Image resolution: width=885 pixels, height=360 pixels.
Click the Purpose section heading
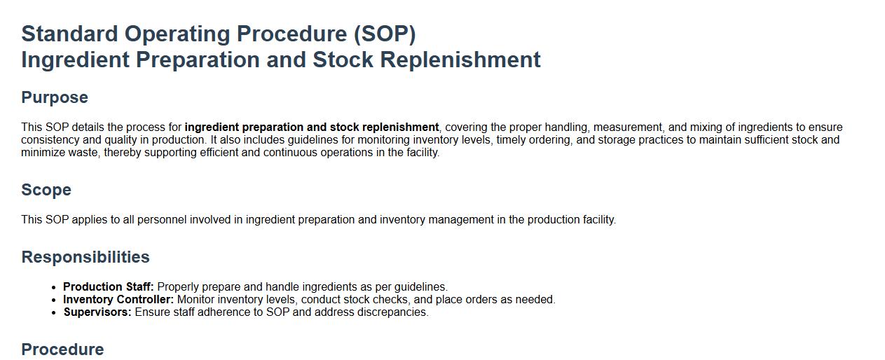(x=55, y=97)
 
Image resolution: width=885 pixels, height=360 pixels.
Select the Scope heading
(x=46, y=190)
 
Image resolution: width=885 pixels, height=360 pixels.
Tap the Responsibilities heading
(x=85, y=257)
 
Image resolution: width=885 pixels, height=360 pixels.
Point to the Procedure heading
(x=62, y=349)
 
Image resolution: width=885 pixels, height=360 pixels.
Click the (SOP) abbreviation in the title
(x=385, y=34)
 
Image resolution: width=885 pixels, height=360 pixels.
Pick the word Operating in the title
(x=177, y=34)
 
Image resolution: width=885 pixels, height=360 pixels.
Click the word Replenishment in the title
(x=460, y=60)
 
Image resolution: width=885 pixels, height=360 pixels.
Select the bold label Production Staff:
(x=108, y=286)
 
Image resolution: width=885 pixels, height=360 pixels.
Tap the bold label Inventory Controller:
(x=118, y=299)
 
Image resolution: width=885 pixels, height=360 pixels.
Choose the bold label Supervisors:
(x=97, y=312)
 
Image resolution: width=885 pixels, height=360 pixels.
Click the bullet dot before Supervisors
(x=55, y=312)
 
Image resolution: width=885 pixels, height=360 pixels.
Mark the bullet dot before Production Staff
(x=55, y=287)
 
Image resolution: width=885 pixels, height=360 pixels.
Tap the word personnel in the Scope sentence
(x=162, y=219)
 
